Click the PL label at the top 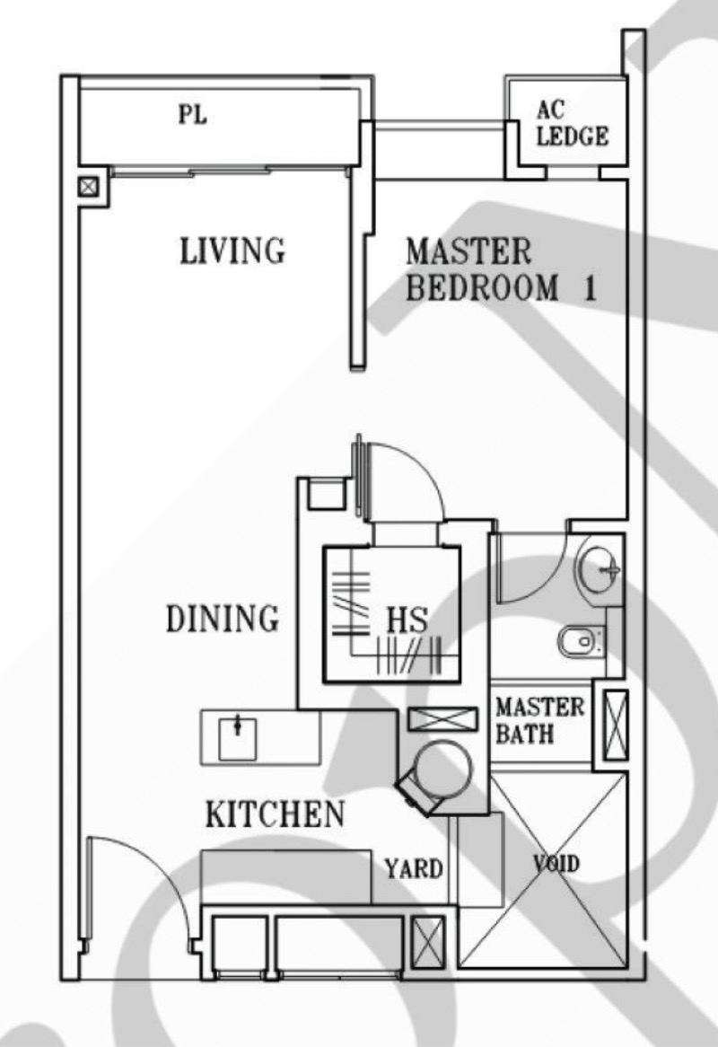coord(193,114)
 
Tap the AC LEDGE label coord(573,124)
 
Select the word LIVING coord(232,251)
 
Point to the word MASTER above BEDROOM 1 coord(468,251)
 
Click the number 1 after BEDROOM coord(590,288)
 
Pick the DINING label coord(223,619)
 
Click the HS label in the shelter coord(407,620)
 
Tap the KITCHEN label coord(275,814)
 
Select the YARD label coord(414,868)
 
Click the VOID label coord(556,864)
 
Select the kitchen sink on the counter coord(238,738)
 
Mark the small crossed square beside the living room coord(88,186)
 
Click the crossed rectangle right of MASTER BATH coord(616,726)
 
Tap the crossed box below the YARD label coord(427,944)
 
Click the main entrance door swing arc coord(160,868)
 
